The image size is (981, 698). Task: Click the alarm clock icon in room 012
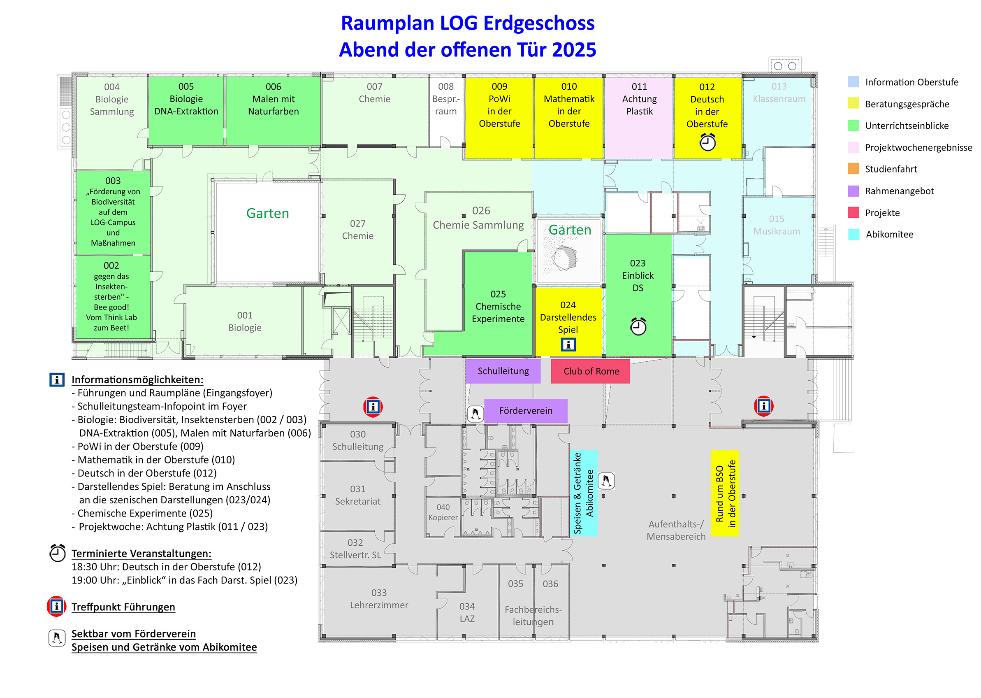pyautogui.click(x=707, y=142)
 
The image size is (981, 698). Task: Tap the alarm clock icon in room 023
pyautogui.click(x=638, y=326)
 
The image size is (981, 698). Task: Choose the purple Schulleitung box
pyautogui.click(x=503, y=371)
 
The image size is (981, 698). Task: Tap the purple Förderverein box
pyautogui.click(x=525, y=410)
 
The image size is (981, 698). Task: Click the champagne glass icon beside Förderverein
pyautogui.click(x=475, y=414)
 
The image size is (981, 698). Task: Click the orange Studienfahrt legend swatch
pyautogui.click(x=853, y=168)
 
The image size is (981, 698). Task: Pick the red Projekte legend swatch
pyautogui.click(x=853, y=212)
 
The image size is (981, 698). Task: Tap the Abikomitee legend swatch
pyautogui.click(x=853, y=234)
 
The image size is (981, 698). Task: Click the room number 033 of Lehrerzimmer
pyautogui.click(x=378, y=592)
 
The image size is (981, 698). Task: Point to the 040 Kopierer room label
pyautogui.click(x=443, y=512)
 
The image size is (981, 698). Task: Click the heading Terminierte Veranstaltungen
pyautogui.click(x=141, y=553)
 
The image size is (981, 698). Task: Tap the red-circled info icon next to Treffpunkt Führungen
pyautogui.click(x=56, y=606)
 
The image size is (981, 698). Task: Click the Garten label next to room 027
pyautogui.click(x=267, y=213)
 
